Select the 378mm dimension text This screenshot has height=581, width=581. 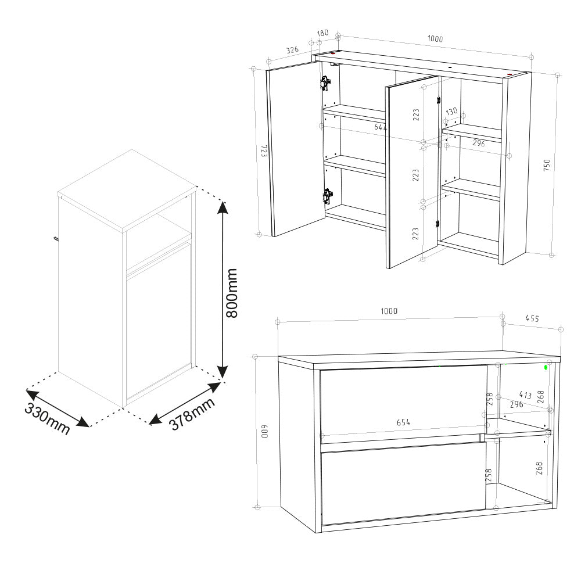tap(192, 414)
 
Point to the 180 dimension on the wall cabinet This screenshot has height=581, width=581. tap(322, 33)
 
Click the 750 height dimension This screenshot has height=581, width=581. tap(547, 165)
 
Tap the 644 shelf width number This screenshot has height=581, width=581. tap(381, 127)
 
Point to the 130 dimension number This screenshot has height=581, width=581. tap(451, 112)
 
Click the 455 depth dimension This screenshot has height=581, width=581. tap(532, 318)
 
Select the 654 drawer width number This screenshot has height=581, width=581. tap(403, 422)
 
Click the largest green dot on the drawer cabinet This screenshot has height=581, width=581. tap(546, 367)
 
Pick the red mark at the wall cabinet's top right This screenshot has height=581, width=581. tap(510, 74)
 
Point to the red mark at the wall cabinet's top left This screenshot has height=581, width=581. tap(333, 53)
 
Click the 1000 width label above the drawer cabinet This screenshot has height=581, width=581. tap(389, 311)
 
